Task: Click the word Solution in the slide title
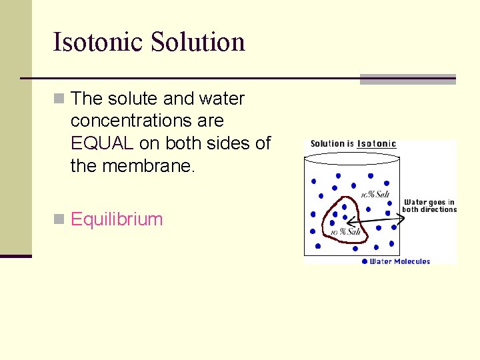point(198,41)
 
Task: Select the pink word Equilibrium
point(117,219)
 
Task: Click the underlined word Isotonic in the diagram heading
point(377,143)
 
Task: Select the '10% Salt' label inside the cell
point(345,231)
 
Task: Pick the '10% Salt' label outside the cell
point(375,194)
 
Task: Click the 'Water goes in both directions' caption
point(429,206)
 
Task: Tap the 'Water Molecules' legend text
point(400,261)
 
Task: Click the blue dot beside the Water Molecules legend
point(364,261)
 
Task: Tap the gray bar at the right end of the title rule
point(407,79)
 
